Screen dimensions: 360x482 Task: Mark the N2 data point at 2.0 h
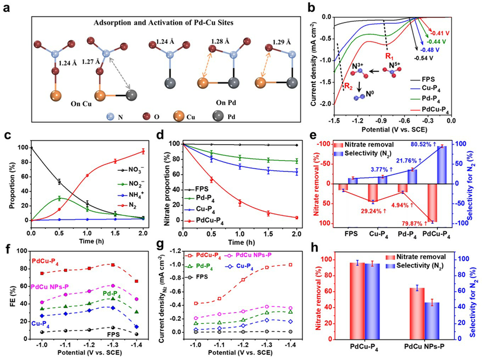142,151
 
